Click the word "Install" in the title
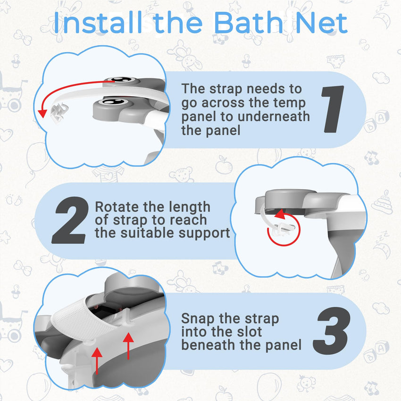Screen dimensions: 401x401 99,24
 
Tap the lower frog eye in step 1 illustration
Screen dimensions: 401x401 113,101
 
